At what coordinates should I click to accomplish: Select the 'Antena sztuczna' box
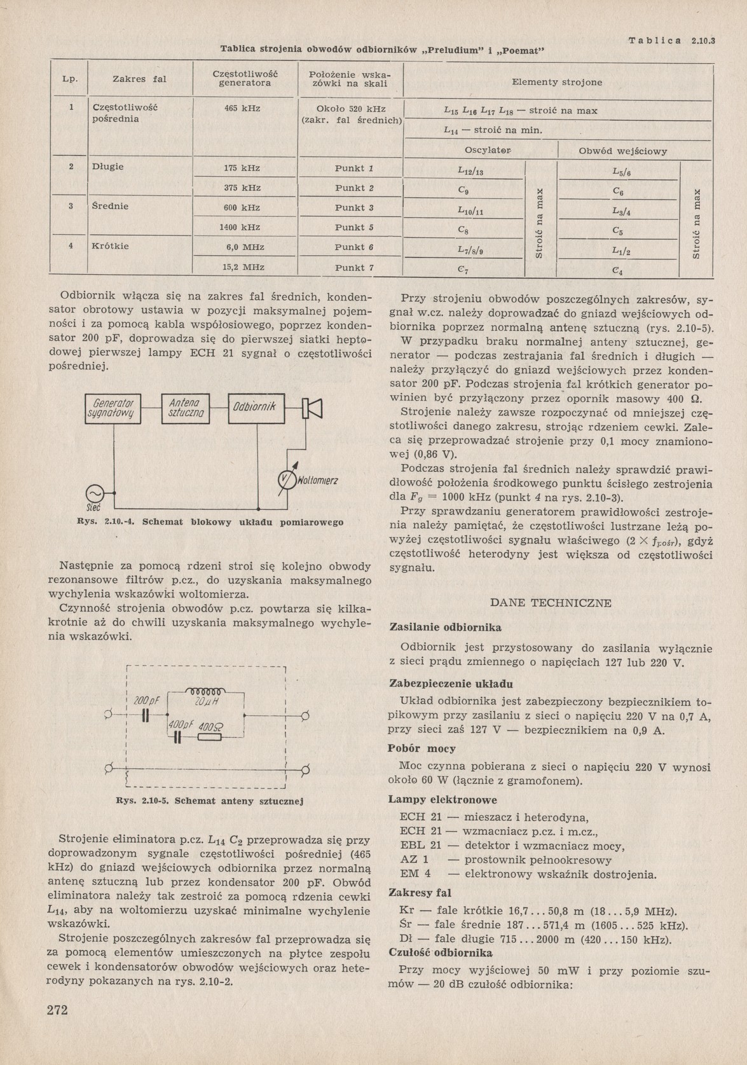click(x=185, y=409)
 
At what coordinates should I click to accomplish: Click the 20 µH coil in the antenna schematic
click(x=205, y=692)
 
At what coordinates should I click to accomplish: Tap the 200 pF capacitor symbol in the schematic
click(x=146, y=715)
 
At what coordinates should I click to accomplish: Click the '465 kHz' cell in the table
click(x=242, y=109)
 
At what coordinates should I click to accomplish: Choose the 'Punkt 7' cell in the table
click(x=354, y=268)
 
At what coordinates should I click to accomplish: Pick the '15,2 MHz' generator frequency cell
click(x=243, y=268)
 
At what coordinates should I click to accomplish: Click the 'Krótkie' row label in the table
click(x=111, y=246)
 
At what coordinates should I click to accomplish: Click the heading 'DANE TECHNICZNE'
click(x=551, y=603)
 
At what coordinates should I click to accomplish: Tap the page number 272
click(x=58, y=1010)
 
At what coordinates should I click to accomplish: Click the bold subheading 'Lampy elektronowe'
click(x=442, y=800)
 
